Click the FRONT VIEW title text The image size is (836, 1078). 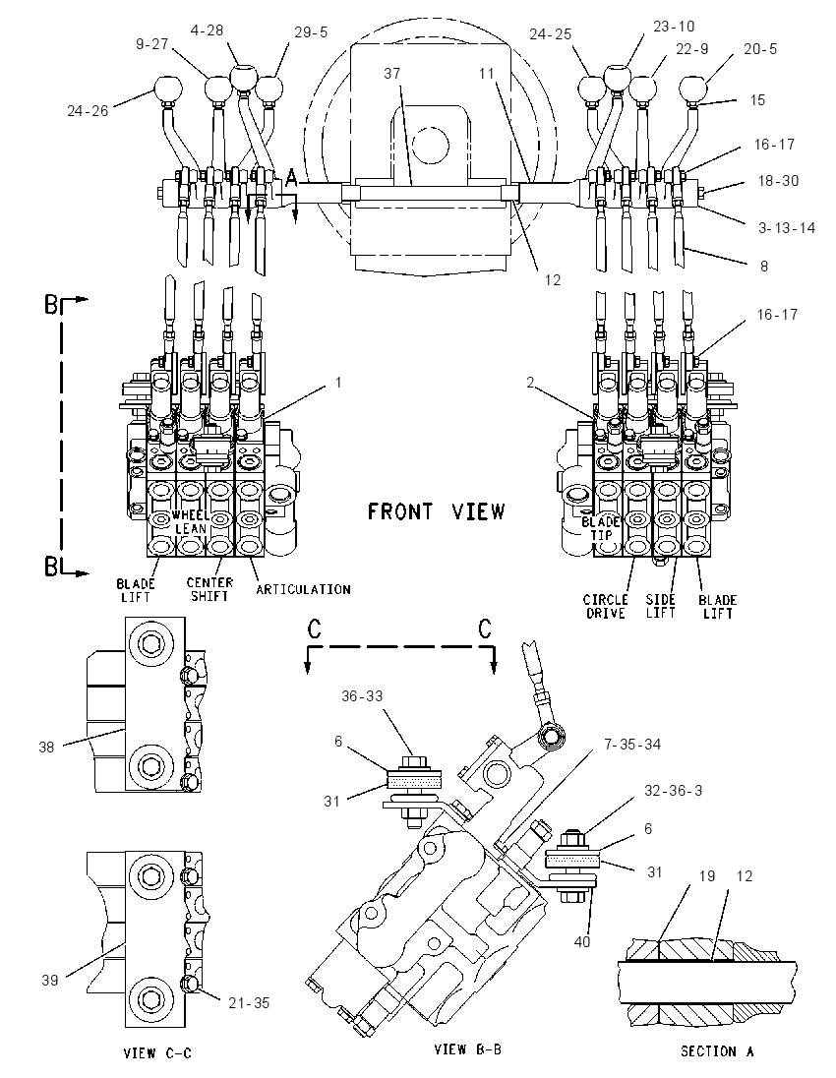(436, 511)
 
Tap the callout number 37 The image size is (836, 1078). (391, 73)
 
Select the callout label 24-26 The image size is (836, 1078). (88, 110)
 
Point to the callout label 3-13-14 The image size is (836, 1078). (787, 227)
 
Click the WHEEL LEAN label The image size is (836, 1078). (191, 522)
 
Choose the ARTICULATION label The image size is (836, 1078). (303, 589)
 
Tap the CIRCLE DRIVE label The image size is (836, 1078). (606, 606)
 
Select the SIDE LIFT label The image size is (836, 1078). (660, 606)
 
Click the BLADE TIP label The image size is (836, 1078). (601, 528)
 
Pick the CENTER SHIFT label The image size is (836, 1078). (209, 589)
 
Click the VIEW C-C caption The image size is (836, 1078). (157, 1053)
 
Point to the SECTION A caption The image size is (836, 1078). (717, 1051)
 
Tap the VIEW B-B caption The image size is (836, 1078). (467, 1049)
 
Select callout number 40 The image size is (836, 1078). (581, 941)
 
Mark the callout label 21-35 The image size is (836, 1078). (249, 1003)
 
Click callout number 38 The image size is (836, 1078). (46, 747)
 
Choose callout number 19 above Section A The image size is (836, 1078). (707, 875)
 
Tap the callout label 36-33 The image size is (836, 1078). (362, 695)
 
